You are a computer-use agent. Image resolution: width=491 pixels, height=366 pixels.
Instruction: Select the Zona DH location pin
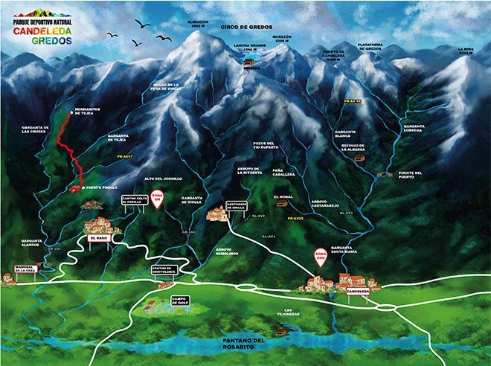click(x=157, y=199)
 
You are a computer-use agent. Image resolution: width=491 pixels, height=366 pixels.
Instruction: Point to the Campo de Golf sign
click(x=179, y=300)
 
